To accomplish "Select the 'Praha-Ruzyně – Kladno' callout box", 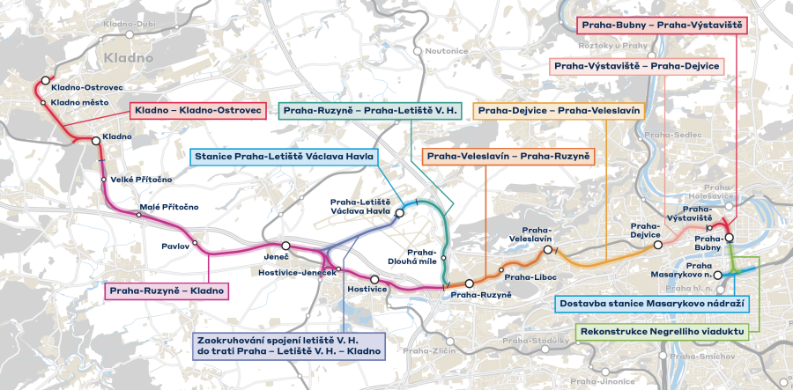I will pos(166,290).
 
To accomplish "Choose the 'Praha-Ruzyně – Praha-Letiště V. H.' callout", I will pos(368,111).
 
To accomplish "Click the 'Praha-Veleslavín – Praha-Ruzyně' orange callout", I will pos(508,157).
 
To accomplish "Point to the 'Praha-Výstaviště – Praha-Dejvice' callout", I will pos(636,66).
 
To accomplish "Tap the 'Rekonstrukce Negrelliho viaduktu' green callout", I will pos(662,332).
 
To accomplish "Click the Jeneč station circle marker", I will pos(285,246).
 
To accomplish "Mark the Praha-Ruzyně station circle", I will pos(471,283).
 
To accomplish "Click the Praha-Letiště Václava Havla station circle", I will pos(399,212).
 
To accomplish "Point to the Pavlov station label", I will pos(175,247).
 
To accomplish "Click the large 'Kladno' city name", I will pos(129,58).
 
